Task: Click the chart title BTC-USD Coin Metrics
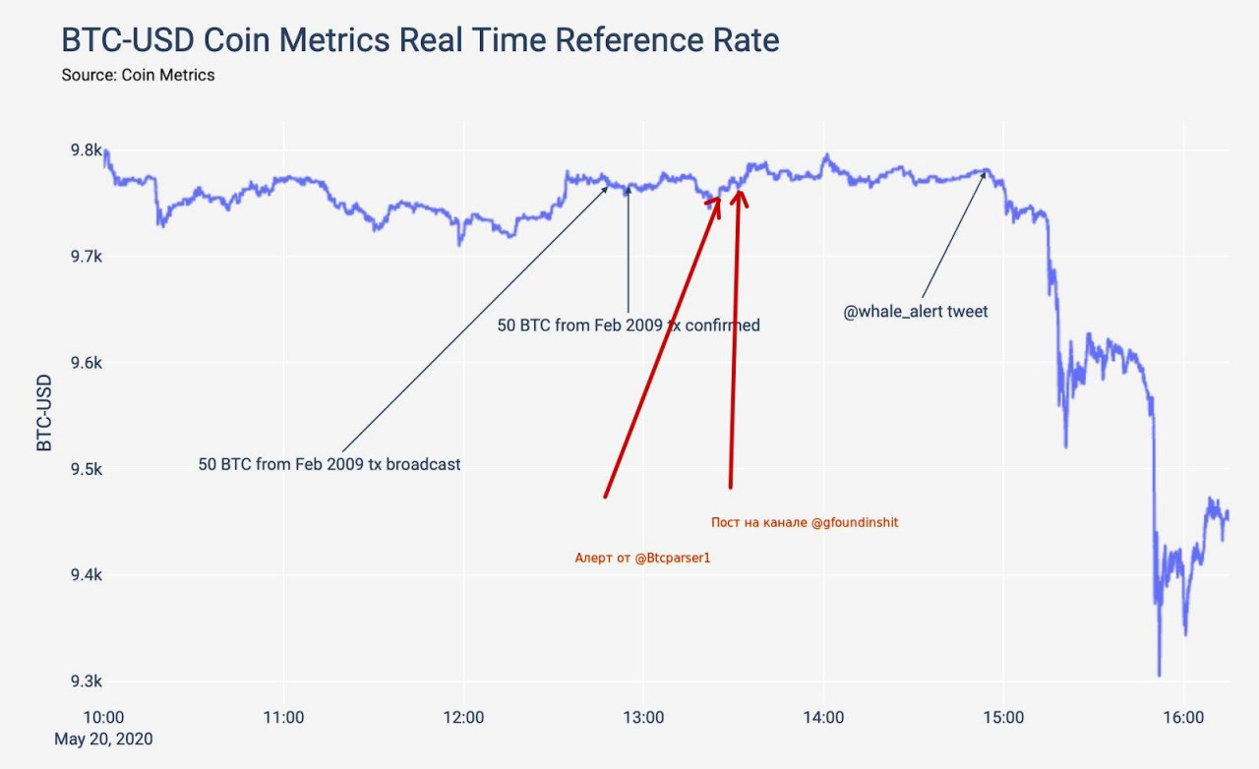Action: click(x=420, y=40)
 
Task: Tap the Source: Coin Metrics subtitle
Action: click(x=138, y=75)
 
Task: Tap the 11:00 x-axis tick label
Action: click(x=283, y=718)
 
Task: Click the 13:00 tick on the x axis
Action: click(x=643, y=718)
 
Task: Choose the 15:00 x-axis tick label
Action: click(x=1003, y=718)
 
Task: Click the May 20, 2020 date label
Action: click(x=103, y=739)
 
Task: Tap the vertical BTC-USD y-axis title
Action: click(x=44, y=412)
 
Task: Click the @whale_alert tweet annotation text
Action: click(x=916, y=312)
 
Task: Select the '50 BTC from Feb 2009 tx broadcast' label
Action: click(x=330, y=464)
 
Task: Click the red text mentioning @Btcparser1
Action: click(x=642, y=559)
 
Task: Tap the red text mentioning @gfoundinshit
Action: click(x=805, y=523)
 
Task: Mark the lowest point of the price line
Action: click(x=1159, y=676)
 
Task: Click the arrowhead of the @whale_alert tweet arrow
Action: click(x=985, y=174)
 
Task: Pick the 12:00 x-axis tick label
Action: click(x=463, y=718)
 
